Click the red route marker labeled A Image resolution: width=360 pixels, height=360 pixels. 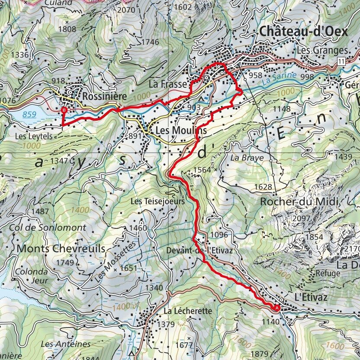(276, 308)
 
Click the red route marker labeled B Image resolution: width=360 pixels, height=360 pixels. (64, 111)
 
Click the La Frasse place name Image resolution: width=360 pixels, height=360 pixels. (168, 84)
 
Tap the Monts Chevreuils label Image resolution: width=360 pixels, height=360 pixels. (61, 249)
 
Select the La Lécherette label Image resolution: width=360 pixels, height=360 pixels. (187, 311)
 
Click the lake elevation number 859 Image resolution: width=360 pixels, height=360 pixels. (29, 115)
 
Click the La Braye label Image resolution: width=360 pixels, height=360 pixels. (247, 158)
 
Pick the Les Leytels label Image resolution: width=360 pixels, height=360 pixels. (33, 136)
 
